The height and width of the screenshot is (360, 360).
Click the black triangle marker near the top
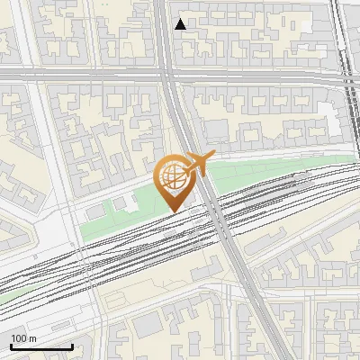click(x=181, y=24)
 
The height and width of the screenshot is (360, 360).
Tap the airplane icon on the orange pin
click(x=196, y=164)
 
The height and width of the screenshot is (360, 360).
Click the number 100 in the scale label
click(x=19, y=338)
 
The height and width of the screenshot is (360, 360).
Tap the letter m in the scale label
click(x=32, y=338)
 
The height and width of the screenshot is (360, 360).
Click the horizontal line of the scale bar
click(x=41, y=346)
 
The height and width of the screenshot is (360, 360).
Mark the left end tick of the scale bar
click(x=11, y=346)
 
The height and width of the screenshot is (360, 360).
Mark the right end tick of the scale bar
click(x=72, y=346)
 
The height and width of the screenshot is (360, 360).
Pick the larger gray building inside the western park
click(x=96, y=210)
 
